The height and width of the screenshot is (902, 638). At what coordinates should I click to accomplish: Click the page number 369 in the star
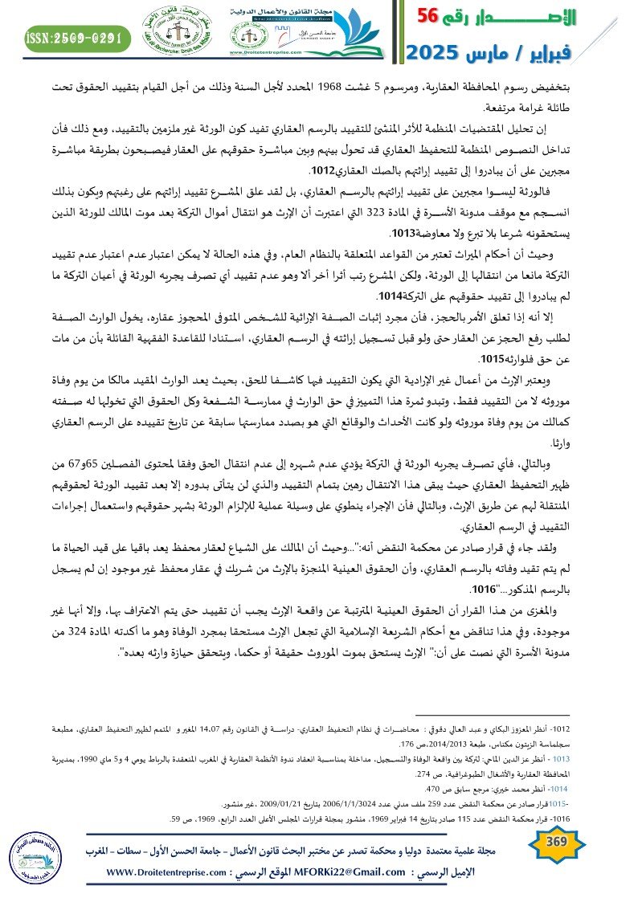[555, 842]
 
